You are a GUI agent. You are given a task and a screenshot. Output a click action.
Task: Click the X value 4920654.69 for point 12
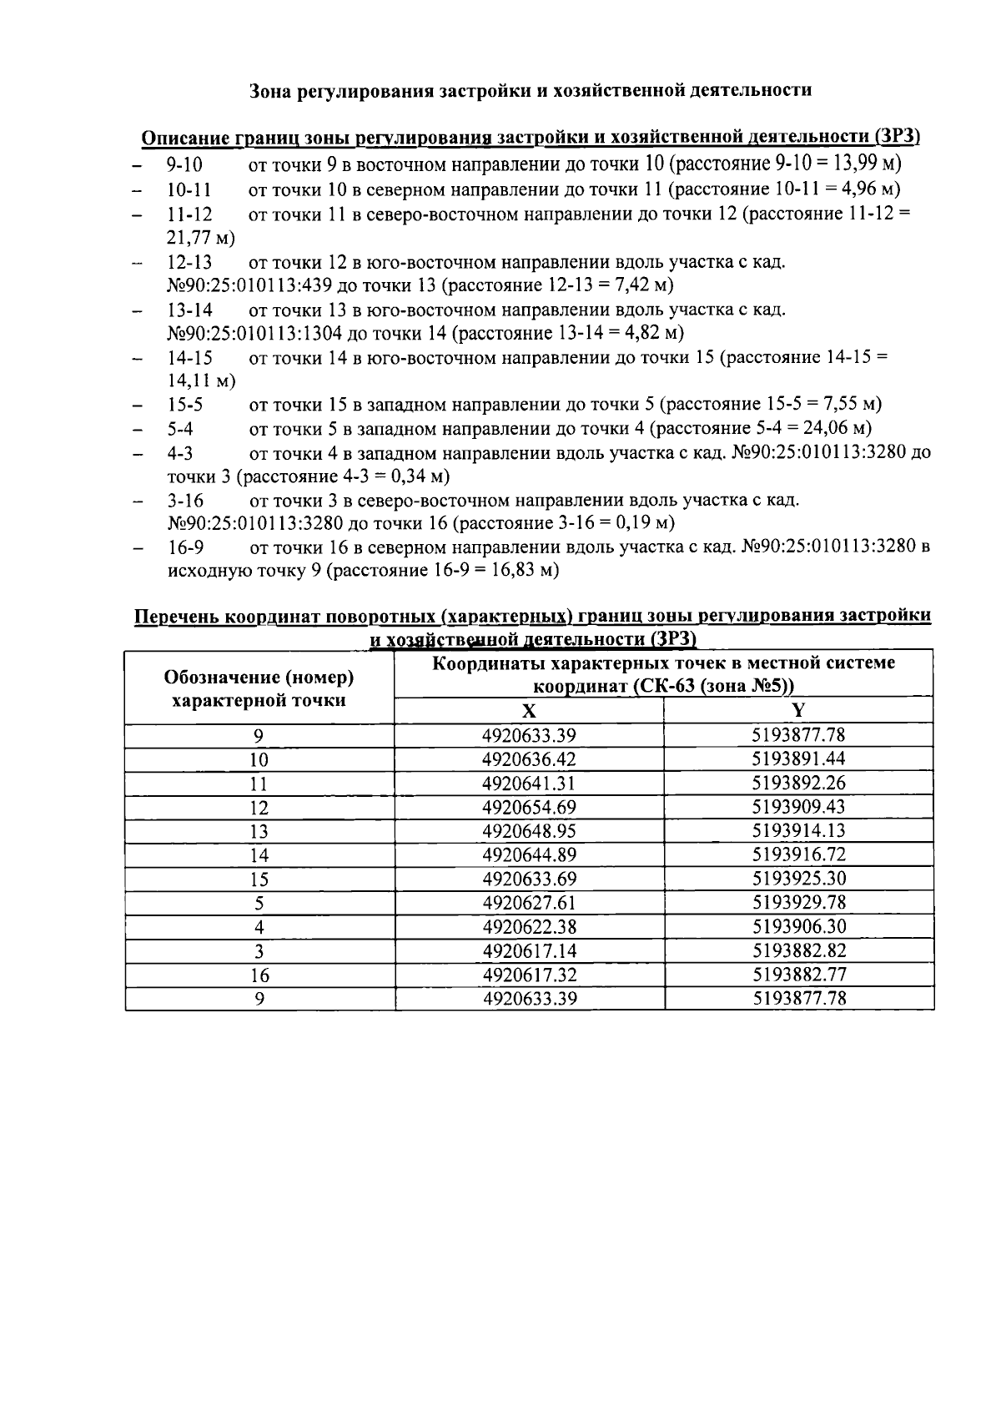tap(529, 807)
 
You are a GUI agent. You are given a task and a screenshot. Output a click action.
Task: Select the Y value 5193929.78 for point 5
tap(799, 902)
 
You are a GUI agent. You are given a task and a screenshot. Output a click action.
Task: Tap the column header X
tap(529, 711)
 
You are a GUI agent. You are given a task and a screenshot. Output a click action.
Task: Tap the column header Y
tap(799, 710)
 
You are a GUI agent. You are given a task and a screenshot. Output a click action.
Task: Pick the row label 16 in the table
tap(259, 975)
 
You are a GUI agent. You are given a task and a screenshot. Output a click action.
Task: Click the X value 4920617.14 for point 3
tap(529, 950)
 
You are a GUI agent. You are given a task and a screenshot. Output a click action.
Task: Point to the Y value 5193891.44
tap(799, 758)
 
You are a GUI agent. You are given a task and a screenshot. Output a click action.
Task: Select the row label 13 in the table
tap(259, 831)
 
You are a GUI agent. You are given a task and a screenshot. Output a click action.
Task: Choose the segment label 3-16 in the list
tap(185, 501)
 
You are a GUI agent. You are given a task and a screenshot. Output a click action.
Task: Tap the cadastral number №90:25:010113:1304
tap(254, 334)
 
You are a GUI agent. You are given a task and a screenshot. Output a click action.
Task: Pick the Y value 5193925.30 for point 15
tap(799, 879)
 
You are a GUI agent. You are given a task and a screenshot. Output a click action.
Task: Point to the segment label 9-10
tap(184, 164)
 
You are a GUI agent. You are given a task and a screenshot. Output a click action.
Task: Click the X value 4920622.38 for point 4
tap(529, 926)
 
